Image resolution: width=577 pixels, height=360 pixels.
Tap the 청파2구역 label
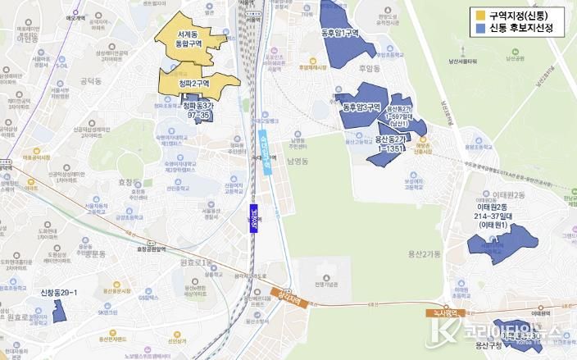(x=196, y=82)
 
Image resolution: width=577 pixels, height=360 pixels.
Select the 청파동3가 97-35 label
(x=198, y=111)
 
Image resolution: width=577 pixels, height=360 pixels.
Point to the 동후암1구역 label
(x=340, y=33)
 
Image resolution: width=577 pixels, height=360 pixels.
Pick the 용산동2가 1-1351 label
(x=390, y=144)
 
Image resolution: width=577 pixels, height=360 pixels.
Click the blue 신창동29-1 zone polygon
(x=59, y=310)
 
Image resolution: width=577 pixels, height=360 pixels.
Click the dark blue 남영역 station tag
(x=255, y=220)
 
